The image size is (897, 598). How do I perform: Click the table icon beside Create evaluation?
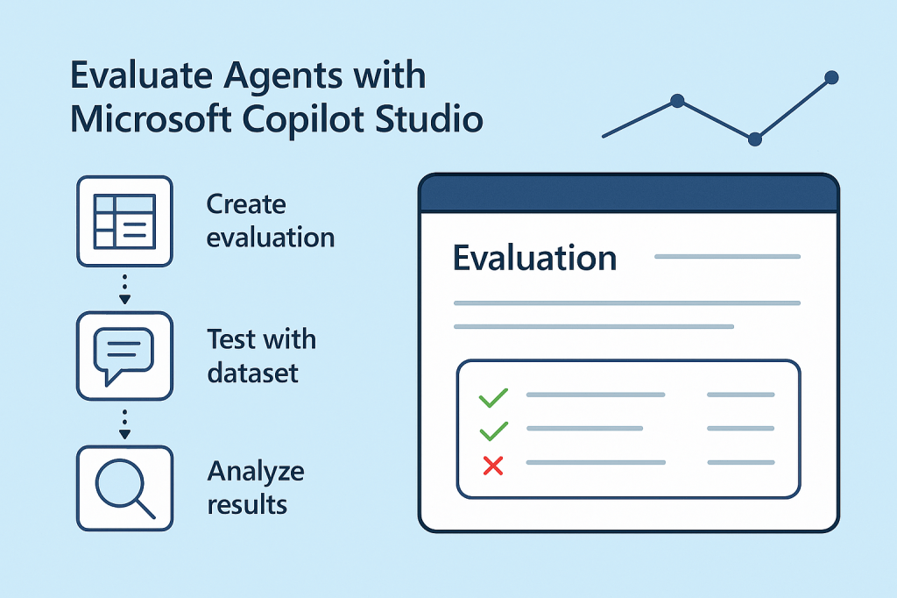124,220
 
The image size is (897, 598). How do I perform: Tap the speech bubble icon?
124,354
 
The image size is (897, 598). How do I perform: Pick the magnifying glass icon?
124,488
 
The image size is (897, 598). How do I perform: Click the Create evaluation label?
270,221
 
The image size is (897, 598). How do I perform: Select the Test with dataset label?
261,355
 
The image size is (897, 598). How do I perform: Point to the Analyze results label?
255,488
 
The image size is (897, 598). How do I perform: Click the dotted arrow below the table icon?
124,289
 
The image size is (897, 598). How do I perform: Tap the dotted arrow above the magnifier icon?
124,423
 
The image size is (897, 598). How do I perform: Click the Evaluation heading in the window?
534,259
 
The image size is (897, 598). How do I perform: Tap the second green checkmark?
493,430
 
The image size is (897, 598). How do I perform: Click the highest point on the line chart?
831,78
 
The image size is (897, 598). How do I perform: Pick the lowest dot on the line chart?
755,139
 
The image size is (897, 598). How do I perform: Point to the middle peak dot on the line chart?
676,101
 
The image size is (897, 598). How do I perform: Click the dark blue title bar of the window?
628,195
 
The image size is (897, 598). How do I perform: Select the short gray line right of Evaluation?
727,257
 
